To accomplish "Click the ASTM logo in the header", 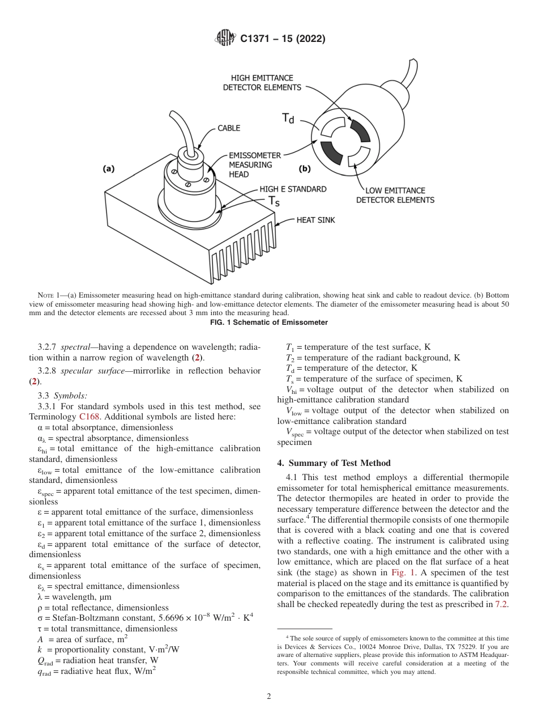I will pyautogui.click(x=225, y=39).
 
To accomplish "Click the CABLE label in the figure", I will pyautogui.click(x=229, y=128).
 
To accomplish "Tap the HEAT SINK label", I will pyautogui.click(x=315, y=220).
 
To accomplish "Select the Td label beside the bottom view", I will pyautogui.click(x=288, y=118).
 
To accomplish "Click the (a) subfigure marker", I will pyautogui.click(x=109, y=168).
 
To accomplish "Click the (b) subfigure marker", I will pyautogui.click(x=305, y=168).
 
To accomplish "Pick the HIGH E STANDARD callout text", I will pyautogui.click(x=293, y=189).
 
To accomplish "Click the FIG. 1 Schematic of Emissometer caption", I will pyautogui.click(x=269, y=323).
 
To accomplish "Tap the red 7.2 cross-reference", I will pyautogui.click(x=502, y=604).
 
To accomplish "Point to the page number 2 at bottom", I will pyautogui.click(x=268, y=697).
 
